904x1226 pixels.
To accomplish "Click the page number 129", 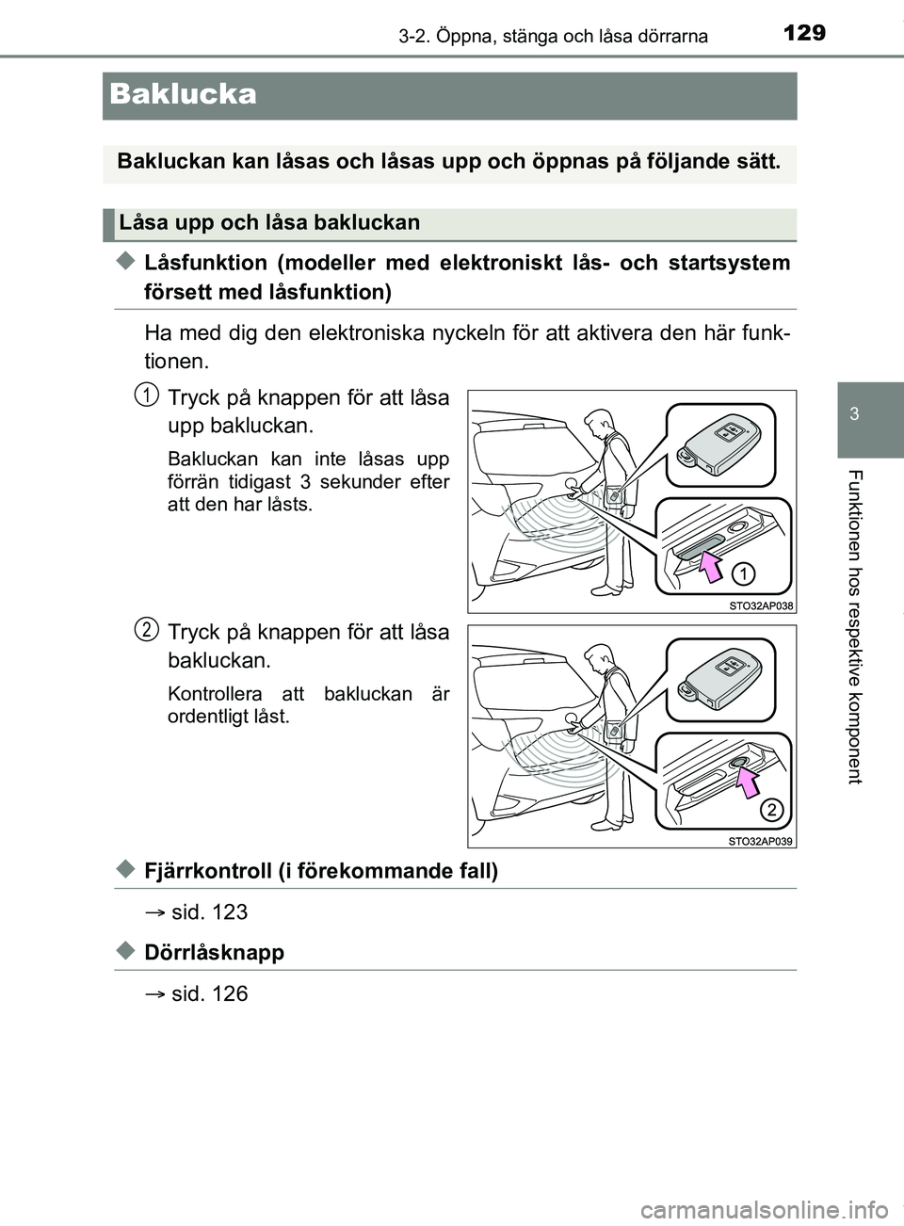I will tap(803, 33).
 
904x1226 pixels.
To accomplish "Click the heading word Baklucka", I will tap(183, 94).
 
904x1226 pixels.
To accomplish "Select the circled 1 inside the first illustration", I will tap(743, 573).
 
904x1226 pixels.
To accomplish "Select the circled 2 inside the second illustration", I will tap(769, 809).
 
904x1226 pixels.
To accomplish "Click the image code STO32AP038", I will tap(761, 606).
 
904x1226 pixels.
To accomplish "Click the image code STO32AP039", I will tap(761, 841).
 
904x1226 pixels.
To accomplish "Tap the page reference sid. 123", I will tap(209, 911).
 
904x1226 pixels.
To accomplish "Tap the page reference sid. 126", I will tap(209, 993).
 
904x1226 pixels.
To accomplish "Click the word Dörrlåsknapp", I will tap(214, 952).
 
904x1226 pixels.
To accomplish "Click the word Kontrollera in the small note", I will tap(211, 694).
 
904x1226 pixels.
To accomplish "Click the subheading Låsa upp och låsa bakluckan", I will tap(269, 223).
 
